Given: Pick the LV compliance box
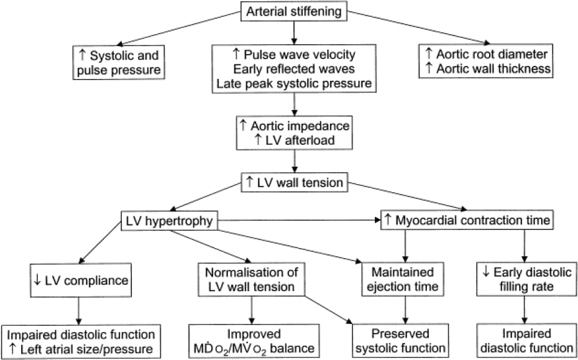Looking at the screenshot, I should click(78, 280).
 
